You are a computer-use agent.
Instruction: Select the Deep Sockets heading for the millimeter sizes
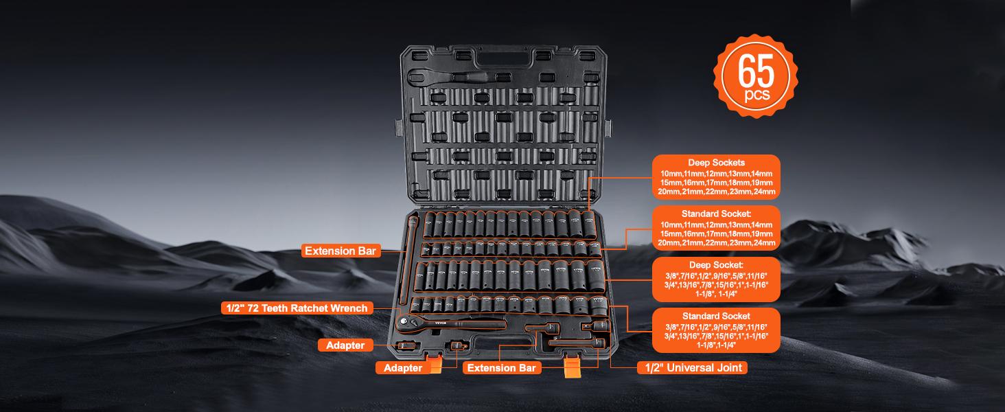(x=716, y=162)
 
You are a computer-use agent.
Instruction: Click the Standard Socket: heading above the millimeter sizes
(x=716, y=214)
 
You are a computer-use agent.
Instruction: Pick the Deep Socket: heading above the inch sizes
(x=716, y=264)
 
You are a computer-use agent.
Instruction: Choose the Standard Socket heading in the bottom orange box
(x=716, y=315)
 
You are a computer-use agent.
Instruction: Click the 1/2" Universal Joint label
(x=692, y=368)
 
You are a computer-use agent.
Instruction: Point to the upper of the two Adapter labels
(x=345, y=345)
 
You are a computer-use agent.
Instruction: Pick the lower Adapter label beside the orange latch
(x=403, y=369)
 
